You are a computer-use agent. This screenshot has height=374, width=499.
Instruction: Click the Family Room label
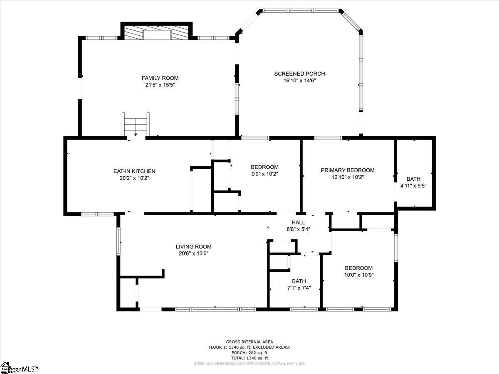pyautogui.click(x=160, y=78)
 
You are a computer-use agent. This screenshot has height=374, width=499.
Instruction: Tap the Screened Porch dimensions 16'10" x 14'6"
pyautogui.click(x=299, y=81)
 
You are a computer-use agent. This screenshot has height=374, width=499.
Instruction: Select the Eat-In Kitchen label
pyautogui.click(x=134, y=171)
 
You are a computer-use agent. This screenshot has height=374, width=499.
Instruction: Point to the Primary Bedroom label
pyautogui.click(x=347, y=170)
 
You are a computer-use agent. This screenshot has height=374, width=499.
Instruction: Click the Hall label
pyautogui.click(x=298, y=222)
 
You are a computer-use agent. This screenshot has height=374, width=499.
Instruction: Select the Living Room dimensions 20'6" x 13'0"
pyautogui.click(x=193, y=253)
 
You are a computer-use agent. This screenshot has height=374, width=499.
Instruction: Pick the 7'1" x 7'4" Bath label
pyautogui.click(x=299, y=281)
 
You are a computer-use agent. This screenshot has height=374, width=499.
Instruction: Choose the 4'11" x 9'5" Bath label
pyautogui.click(x=413, y=179)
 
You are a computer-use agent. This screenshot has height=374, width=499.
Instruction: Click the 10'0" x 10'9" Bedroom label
pyautogui.click(x=358, y=268)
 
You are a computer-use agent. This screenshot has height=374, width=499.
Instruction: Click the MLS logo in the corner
pyautogui.click(x=19, y=368)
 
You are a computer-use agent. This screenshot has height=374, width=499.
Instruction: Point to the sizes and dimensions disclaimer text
pyautogui.click(x=249, y=364)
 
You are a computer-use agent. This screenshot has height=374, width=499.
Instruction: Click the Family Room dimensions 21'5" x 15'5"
pyautogui.click(x=160, y=85)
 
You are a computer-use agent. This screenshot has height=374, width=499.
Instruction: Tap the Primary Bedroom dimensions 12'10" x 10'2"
pyautogui.click(x=347, y=177)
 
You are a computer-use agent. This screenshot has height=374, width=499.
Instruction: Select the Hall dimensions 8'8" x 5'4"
pyautogui.click(x=298, y=229)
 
